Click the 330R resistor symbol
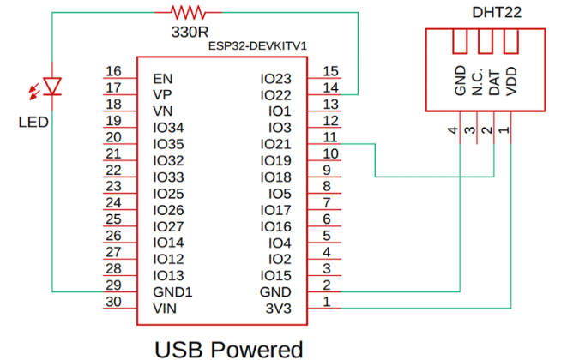(188, 12)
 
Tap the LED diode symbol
(53, 86)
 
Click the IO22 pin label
(276, 94)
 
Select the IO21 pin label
(276, 144)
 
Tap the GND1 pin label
(172, 291)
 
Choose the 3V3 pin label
(279, 308)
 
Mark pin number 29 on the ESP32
(112, 285)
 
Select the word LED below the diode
(33, 122)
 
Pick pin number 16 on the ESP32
(112, 71)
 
